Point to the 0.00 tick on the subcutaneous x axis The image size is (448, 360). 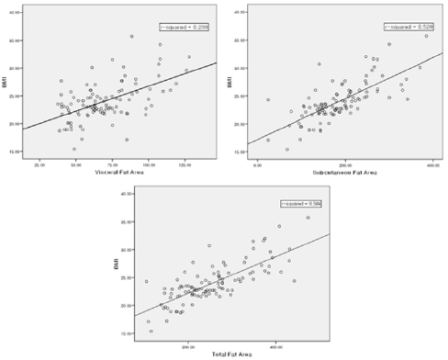point(259,163)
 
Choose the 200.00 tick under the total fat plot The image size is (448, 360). point(189,345)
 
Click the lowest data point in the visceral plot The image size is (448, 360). point(74,149)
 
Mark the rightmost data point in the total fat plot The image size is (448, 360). point(308,218)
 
